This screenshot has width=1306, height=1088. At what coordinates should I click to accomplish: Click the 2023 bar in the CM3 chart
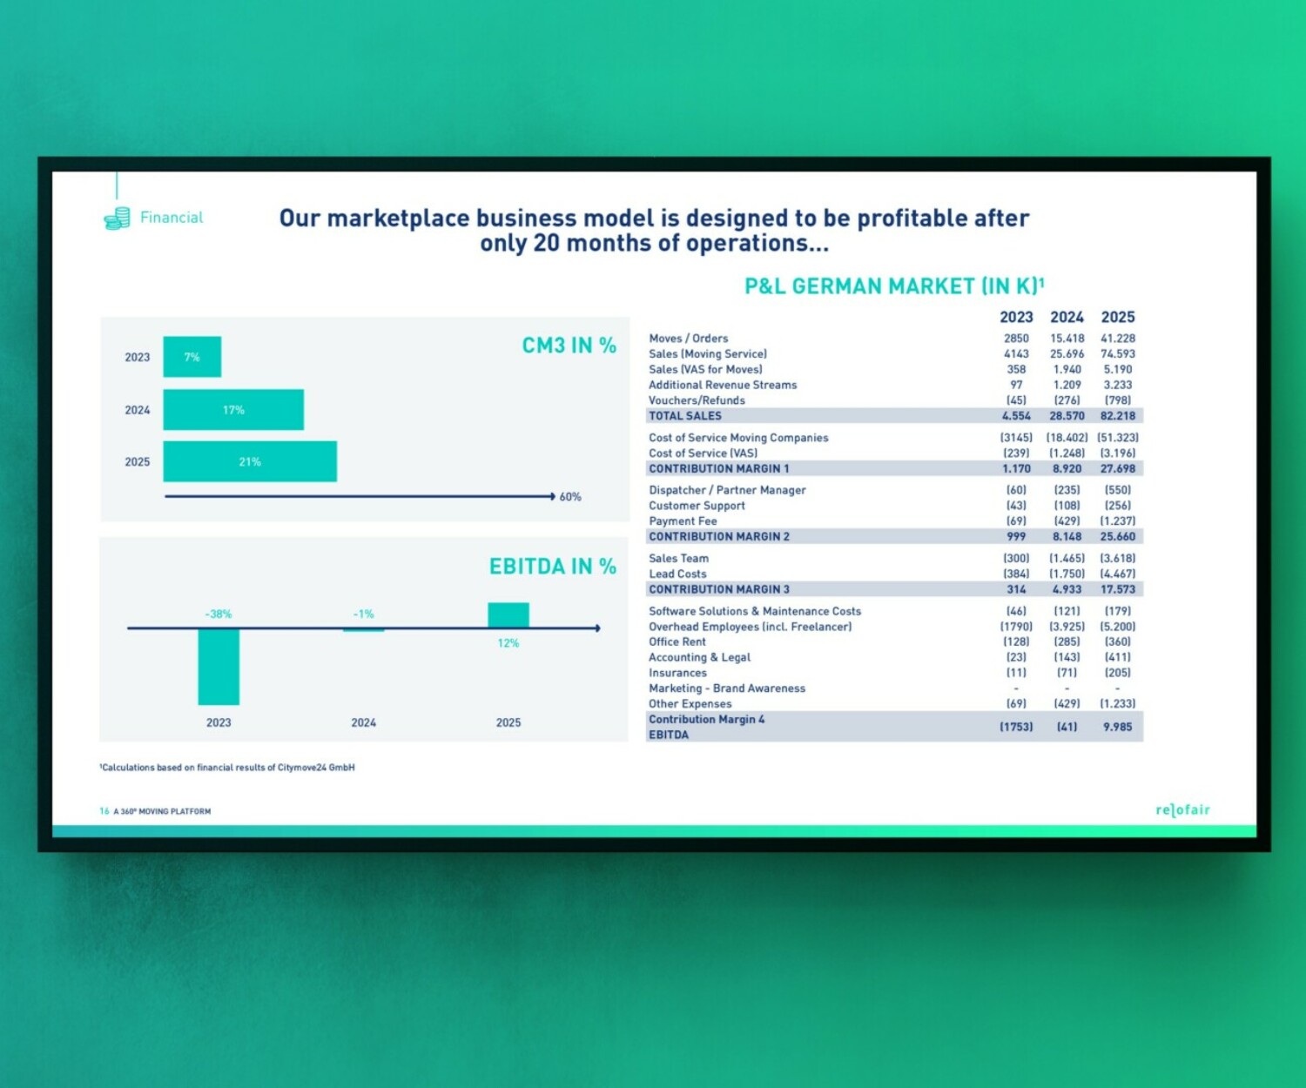[x=192, y=357]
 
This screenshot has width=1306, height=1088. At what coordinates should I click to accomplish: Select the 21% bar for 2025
[x=250, y=461]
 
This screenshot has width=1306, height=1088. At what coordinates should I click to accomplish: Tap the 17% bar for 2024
[x=233, y=409]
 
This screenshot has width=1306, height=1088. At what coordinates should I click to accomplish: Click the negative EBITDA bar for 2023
[x=219, y=666]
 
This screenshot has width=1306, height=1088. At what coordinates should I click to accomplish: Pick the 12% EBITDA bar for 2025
[x=508, y=615]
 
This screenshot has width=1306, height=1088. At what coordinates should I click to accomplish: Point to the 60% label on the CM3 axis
[x=570, y=497]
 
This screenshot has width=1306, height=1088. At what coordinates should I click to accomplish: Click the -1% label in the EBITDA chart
[x=363, y=614]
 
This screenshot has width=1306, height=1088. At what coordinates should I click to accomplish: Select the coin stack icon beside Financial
[x=117, y=218]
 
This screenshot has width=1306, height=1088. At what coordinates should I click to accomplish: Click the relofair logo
[x=1182, y=810]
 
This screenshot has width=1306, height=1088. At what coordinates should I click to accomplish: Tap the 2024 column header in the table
[x=1067, y=317]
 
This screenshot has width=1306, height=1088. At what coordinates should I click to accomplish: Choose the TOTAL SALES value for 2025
[x=1118, y=416]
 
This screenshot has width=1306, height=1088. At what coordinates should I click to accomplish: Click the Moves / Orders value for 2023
[x=1016, y=339]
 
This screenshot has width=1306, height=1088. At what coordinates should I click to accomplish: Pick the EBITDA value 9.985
[x=1118, y=727]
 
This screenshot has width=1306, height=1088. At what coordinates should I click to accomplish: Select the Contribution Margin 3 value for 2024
[x=1067, y=589]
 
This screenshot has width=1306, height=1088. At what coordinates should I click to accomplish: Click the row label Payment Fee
[x=683, y=521]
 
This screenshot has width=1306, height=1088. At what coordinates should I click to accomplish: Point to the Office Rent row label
[x=677, y=641]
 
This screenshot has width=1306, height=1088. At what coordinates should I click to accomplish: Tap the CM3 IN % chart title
[x=569, y=346]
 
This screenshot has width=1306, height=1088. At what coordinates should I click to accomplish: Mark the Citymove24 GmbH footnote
[x=227, y=768]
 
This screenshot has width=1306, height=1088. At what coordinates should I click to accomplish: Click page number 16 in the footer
[x=104, y=811]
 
